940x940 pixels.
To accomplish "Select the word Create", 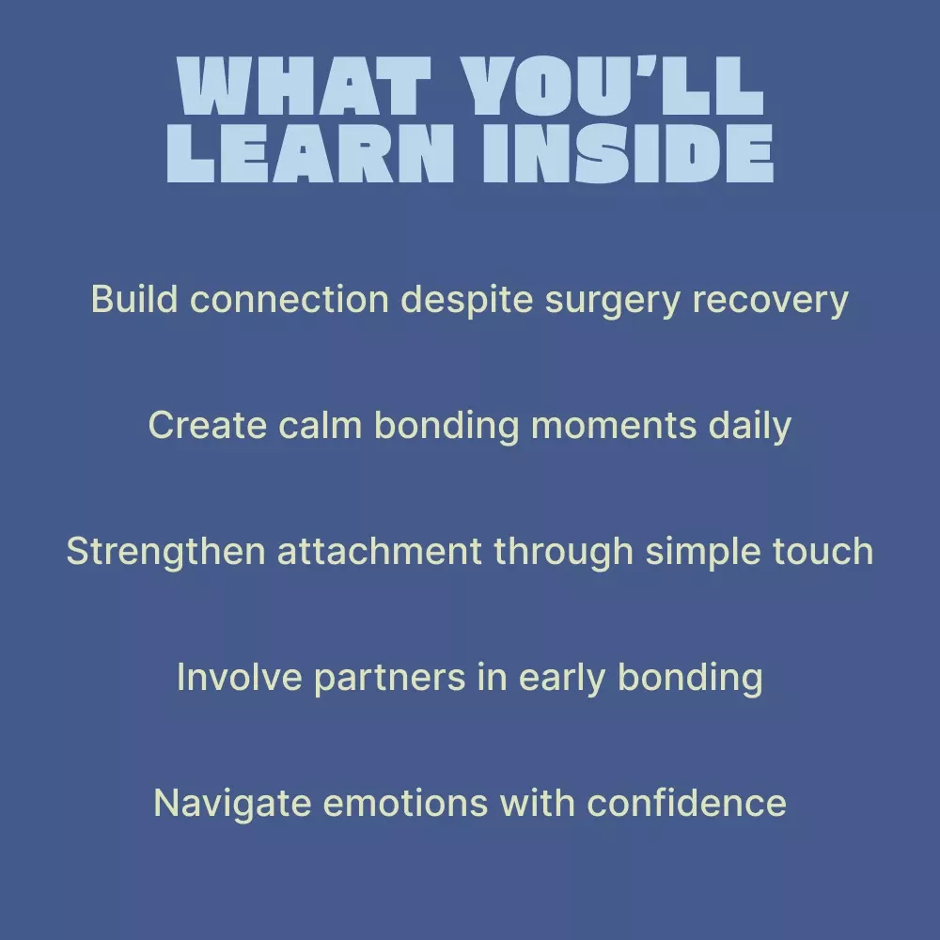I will pos(206,425).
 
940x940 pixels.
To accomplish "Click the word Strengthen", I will pos(164,553).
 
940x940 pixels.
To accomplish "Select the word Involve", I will pos(238,677).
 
